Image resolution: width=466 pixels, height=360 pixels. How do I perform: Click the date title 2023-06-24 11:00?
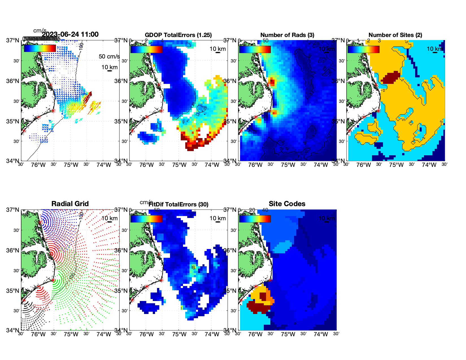[x=70, y=34]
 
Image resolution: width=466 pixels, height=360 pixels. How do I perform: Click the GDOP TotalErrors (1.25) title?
[x=178, y=35]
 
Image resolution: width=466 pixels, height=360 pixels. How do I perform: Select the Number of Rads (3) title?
[x=287, y=35]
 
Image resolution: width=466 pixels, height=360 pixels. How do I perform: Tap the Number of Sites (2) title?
[x=395, y=35]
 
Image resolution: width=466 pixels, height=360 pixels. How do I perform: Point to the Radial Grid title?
[x=70, y=204]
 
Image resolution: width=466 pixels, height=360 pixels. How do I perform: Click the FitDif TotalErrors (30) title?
[x=178, y=204]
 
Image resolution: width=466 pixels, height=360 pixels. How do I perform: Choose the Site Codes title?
[x=287, y=204]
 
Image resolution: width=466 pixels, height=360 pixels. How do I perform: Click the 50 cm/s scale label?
[x=109, y=56]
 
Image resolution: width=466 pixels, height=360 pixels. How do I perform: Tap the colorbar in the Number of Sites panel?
[x=363, y=49]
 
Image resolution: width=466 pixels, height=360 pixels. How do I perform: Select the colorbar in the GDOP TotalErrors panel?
[x=146, y=49]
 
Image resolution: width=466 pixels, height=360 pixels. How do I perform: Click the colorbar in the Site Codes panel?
[x=255, y=219]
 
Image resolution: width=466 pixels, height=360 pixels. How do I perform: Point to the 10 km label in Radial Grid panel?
[x=109, y=218]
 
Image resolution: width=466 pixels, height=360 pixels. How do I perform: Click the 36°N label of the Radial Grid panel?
[x=13, y=250]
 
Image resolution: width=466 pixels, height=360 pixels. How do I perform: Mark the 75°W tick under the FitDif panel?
[x=179, y=335]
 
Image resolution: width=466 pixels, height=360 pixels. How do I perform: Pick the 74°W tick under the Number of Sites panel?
[x=429, y=165]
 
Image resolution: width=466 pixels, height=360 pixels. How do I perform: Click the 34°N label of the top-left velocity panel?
[x=13, y=161]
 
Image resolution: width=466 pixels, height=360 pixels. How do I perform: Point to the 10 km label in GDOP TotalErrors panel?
[x=217, y=49]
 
